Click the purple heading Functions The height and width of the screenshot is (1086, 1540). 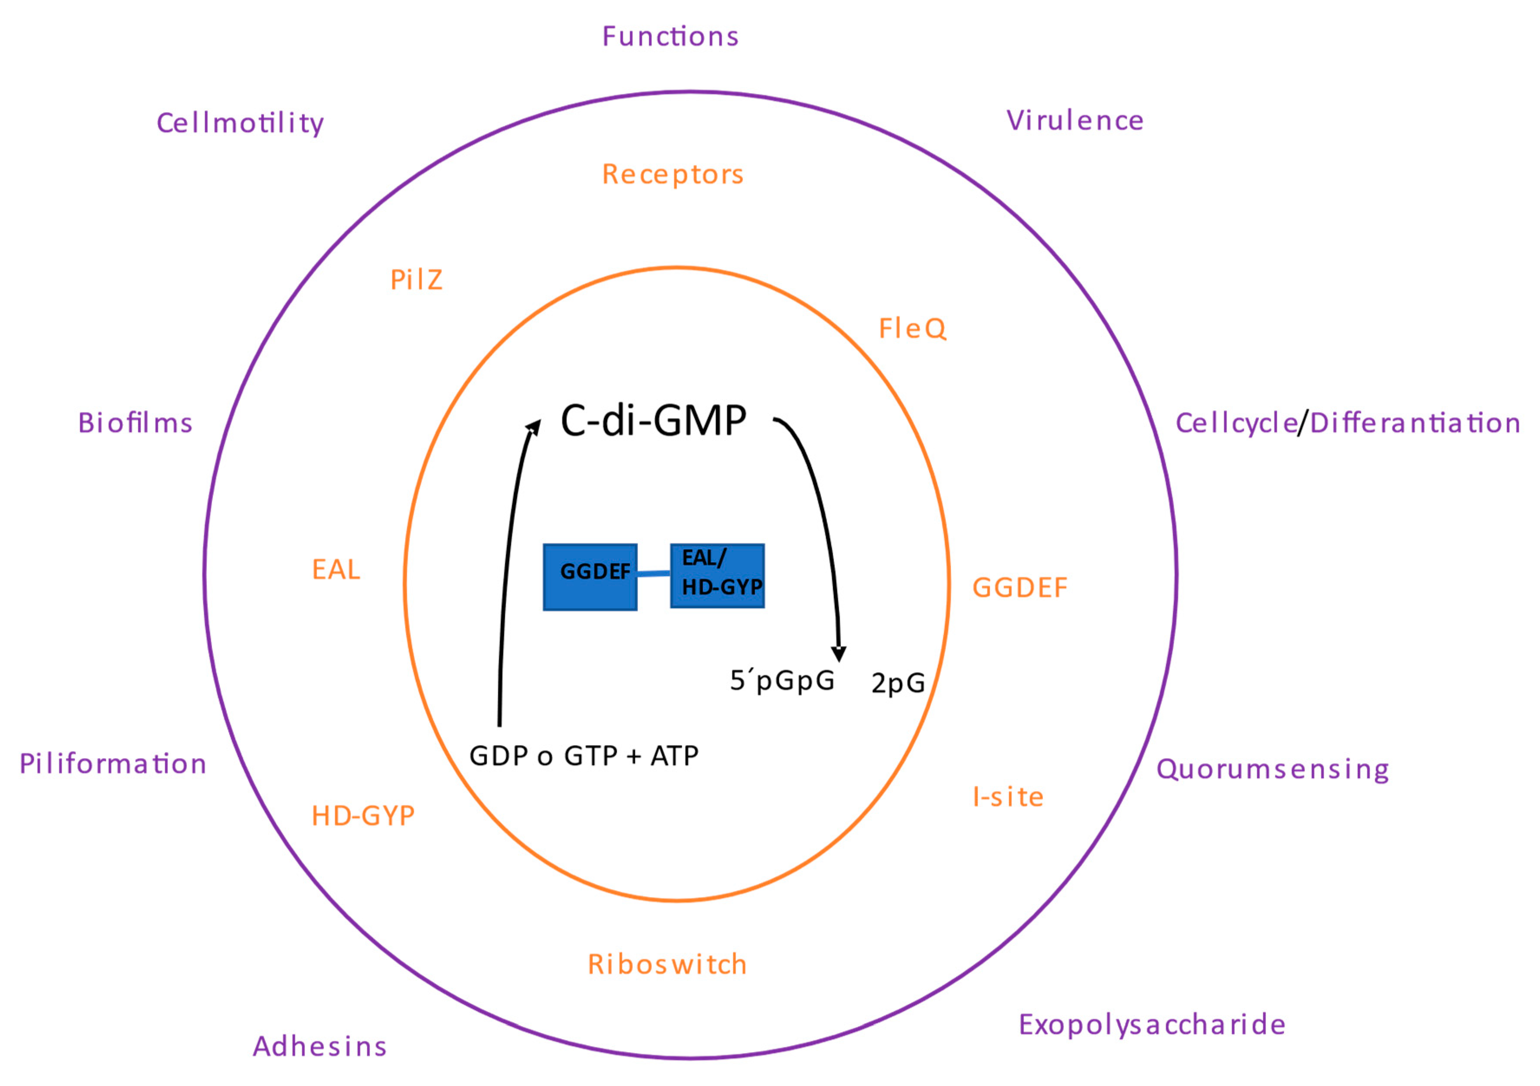(670, 36)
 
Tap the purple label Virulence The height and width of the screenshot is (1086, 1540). (1075, 121)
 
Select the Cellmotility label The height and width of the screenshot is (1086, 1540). (240, 124)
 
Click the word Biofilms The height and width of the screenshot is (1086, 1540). (135, 423)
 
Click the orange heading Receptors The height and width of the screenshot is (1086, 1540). (673, 174)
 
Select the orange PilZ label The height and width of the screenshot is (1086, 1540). (416, 280)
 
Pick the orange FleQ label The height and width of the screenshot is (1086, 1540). (912, 329)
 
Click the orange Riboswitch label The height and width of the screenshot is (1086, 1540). (667, 965)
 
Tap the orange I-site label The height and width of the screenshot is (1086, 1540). (1007, 797)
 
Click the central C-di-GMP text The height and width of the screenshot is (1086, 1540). (653, 421)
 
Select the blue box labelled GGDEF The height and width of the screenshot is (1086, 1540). (589, 577)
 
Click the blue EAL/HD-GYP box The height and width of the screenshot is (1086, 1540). (717, 576)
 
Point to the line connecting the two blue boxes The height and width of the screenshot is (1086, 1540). (653, 573)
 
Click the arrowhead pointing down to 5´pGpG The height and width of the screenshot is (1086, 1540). (838, 653)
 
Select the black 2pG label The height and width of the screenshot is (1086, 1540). (897, 684)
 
